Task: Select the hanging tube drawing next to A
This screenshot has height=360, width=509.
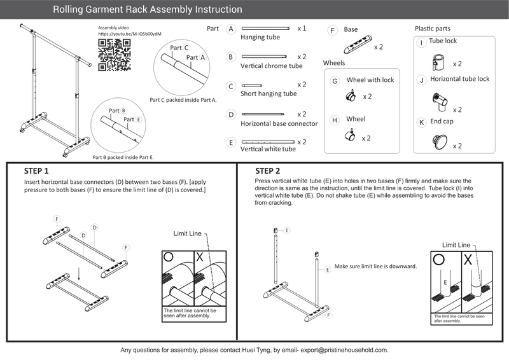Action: click(267, 29)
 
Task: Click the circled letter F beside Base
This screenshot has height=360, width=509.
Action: click(332, 31)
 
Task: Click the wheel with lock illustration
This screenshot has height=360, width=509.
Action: click(350, 95)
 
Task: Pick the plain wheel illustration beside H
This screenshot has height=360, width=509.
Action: click(349, 135)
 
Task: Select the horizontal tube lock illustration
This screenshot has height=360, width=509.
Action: click(438, 100)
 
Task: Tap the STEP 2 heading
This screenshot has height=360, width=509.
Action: click(267, 171)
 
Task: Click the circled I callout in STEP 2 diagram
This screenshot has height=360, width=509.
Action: click(287, 230)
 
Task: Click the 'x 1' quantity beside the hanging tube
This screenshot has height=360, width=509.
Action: click(302, 29)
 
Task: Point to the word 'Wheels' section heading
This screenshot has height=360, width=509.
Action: click(334, 63)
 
